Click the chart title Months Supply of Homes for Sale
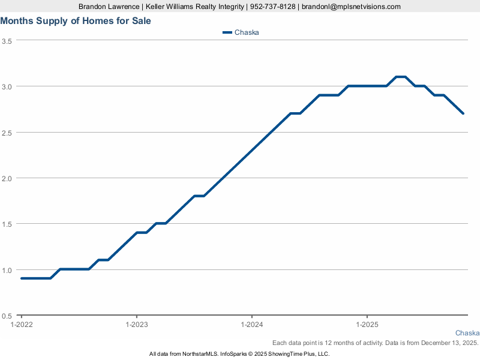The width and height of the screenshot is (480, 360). point(76,21)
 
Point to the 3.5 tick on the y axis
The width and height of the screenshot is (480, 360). point(7,41)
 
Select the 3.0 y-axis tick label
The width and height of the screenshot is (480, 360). point(7,86)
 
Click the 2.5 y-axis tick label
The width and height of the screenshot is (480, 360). point(7,133)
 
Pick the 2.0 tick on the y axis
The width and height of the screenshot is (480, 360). point(7,178)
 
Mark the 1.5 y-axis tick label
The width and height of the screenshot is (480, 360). point(7,224)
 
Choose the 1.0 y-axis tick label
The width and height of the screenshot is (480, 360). point(7,270)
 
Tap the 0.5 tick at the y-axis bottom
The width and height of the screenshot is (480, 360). point(7,316)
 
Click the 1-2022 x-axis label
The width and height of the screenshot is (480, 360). point(22,325)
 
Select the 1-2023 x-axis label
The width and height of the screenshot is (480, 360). point(137,325)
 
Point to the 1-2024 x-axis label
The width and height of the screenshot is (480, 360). point(252,325)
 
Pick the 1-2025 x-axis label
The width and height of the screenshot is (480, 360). point(367,325)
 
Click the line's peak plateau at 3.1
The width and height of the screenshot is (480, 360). point(401,77)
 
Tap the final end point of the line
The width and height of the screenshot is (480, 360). point(463,113)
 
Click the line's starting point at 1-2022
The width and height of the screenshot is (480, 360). point(22,278)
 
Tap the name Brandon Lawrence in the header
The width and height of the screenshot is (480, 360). point(107,7)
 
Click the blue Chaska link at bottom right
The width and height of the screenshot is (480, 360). point(467,333)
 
